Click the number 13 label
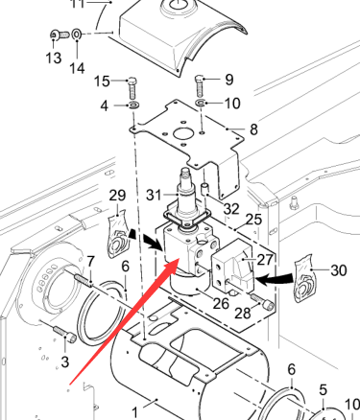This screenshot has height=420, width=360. (x=54, y=58)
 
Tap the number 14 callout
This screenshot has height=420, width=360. (x=77, y=68)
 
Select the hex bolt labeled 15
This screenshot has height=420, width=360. (x=132, y=88)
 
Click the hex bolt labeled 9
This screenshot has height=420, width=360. (x=200, y=85)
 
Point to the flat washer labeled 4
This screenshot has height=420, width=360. (x=133, y=105)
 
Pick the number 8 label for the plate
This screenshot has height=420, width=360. (x=253, y=129)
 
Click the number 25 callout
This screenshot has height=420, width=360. (x=253, y=220)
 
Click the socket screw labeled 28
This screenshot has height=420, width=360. (x=263, y=302)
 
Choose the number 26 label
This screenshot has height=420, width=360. (x=221, y=303)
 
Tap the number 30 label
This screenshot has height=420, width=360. (x=339, y=270)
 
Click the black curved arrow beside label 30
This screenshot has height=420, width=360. (x=276, y=280)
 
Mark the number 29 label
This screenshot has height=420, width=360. (x=117, y=195)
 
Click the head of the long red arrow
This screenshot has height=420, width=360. (x=173, y=264)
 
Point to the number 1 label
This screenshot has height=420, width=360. (x=135, y=412)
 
